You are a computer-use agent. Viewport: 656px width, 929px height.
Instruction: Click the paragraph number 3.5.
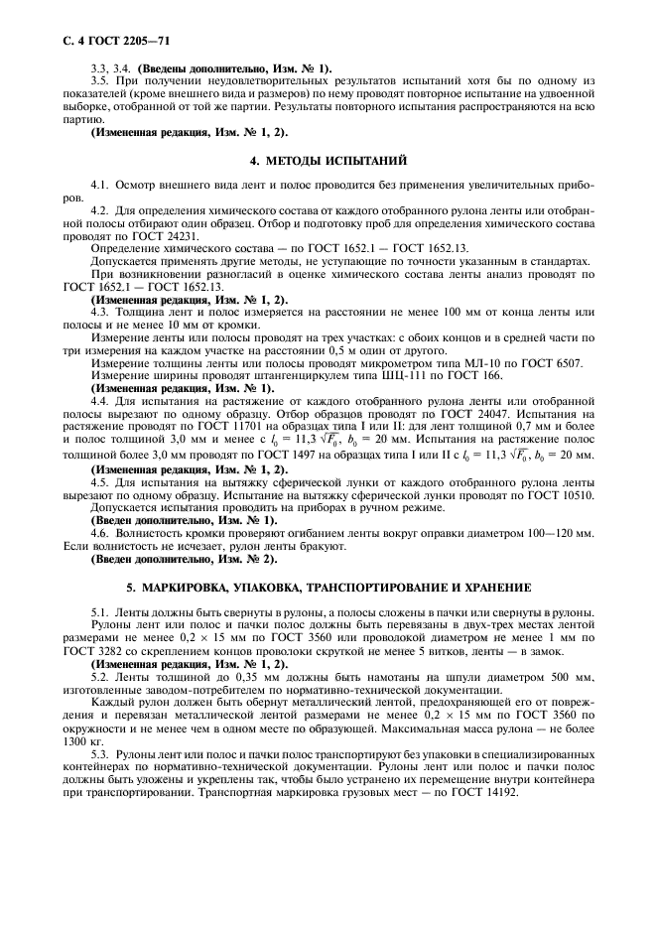click(x=98, y=80)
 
